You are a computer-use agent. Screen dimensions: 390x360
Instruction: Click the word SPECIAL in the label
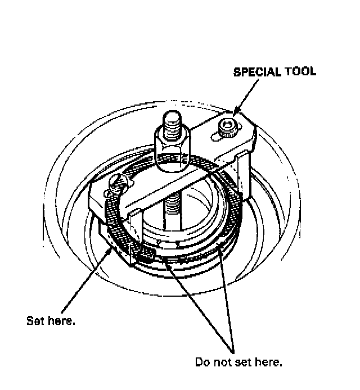pos(255,72)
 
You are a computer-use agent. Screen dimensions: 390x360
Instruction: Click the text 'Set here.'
pos(51,321)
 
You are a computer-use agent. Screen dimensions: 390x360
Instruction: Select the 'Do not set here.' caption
pos(238,362)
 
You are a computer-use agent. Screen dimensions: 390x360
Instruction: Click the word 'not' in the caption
pos(224,362)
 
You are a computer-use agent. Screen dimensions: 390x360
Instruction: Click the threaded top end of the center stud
pos(172,124)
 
